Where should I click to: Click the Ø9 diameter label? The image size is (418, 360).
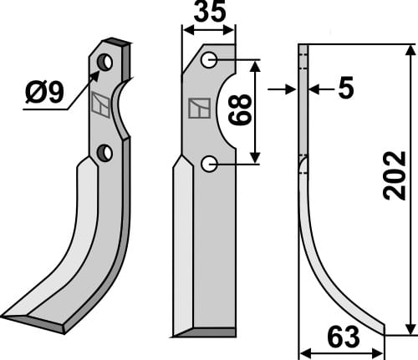click(x=43, y=94)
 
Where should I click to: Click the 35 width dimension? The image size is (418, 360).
click(x=209, y=15)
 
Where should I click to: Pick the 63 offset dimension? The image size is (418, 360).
click(x=343, y=337)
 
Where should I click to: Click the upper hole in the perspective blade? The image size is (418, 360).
click(x=104, y=62)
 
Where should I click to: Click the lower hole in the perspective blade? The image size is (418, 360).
click(x=104, y=152)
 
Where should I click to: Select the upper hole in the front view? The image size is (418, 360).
click(x=209, y=60)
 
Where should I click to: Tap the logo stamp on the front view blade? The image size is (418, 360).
click(x=199, y=109)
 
